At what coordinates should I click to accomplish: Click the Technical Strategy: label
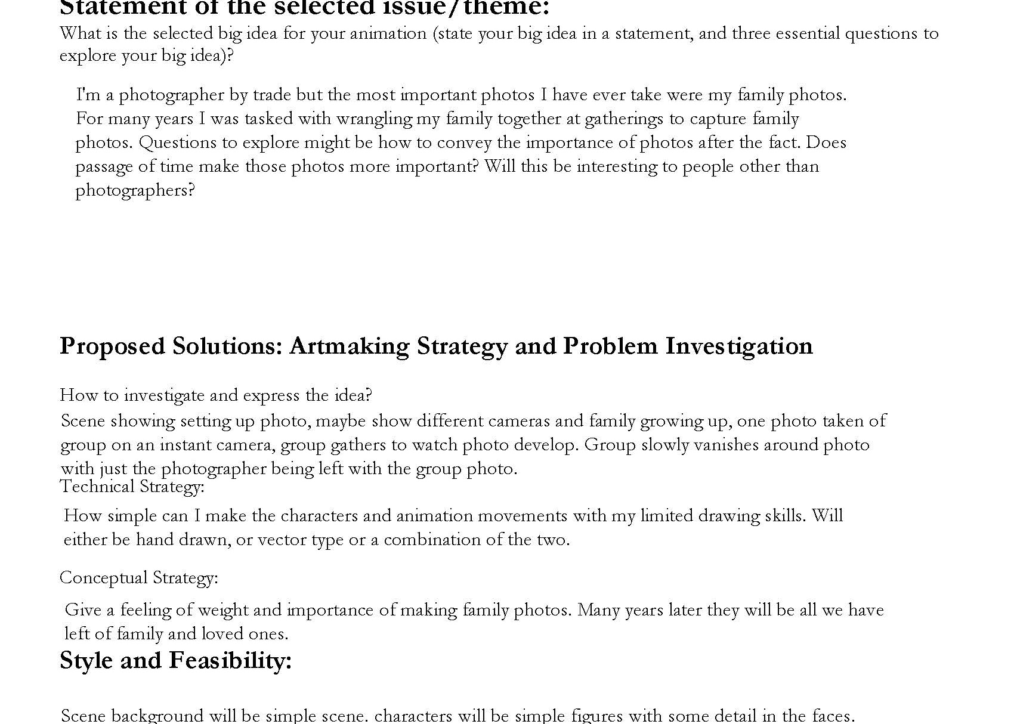tap(132, 487)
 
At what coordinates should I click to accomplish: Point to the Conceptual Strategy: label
tap(138, 578)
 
